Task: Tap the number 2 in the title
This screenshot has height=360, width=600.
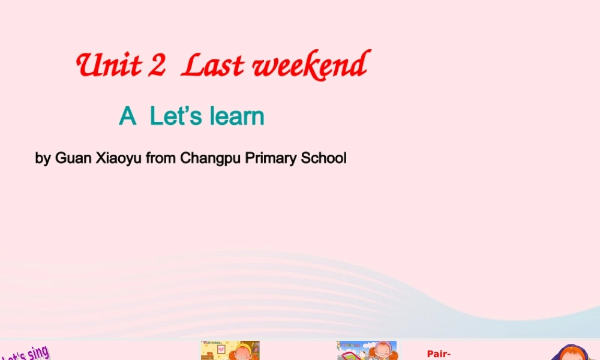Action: point(157,65)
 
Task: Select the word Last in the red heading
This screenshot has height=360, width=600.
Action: point(210,65)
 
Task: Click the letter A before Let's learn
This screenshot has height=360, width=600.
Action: point(127,116)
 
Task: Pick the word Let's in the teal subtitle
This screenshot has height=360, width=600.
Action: point(172,116)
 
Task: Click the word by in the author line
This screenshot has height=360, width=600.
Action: point(43,159)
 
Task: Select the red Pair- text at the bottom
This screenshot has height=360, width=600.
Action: point(439,354)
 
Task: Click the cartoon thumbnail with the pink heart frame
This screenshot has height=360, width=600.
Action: point(230,351)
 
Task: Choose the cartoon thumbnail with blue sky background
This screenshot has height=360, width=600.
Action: point(367,351)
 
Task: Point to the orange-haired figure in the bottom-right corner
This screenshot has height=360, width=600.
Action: point(572,353)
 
